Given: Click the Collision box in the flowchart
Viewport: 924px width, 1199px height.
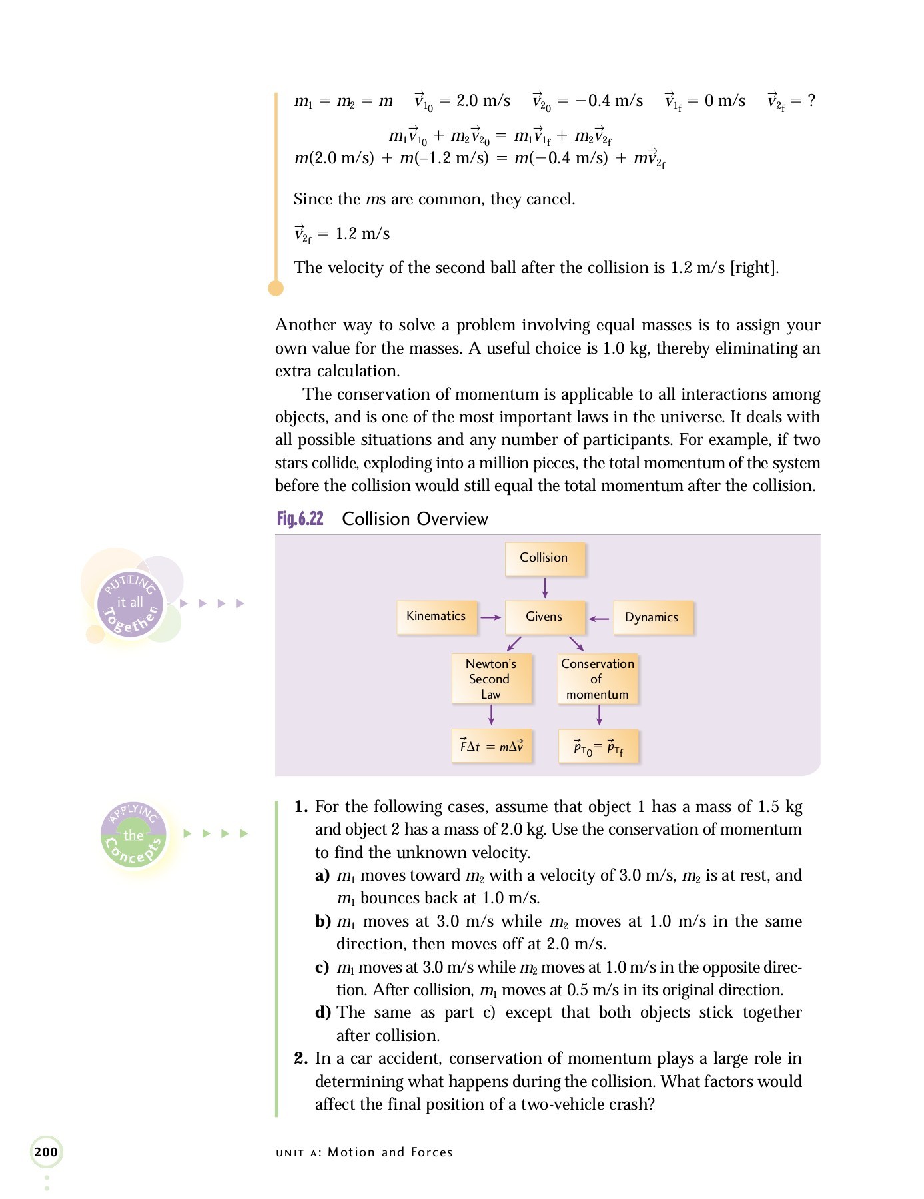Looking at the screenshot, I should pos(544,558).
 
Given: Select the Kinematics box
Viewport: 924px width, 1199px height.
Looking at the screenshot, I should pos(436,617).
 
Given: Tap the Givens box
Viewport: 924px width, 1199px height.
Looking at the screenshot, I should pos(544,617).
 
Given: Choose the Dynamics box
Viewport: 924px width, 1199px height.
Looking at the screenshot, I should pos(652,617).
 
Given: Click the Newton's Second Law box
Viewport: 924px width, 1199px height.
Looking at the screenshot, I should pos(491,679).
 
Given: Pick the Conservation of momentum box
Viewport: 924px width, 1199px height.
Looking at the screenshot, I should pos(598,679).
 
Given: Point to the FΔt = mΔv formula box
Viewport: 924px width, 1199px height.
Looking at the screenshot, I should pos(492,746).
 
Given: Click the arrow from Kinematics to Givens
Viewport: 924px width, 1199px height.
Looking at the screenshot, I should pos(490,617).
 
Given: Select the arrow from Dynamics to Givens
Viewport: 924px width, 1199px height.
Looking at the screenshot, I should pos(599,619).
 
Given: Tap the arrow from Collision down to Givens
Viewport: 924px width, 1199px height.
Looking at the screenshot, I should pos(545,588).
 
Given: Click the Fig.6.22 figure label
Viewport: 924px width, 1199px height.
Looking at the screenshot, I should pos(300,519).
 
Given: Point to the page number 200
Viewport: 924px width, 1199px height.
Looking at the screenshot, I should pos(46,1152).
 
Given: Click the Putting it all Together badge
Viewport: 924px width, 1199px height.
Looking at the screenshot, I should pos(131,603).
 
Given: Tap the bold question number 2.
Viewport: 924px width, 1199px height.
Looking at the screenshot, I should pos(301,1058).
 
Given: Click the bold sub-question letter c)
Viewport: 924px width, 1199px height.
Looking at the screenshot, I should pos(322,967).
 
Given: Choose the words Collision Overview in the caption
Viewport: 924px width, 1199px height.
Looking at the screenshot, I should pos(415,519).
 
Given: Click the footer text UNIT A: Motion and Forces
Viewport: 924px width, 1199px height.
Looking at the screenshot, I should pos(364,1152).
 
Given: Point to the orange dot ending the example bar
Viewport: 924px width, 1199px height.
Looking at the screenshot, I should pos(276,288).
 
